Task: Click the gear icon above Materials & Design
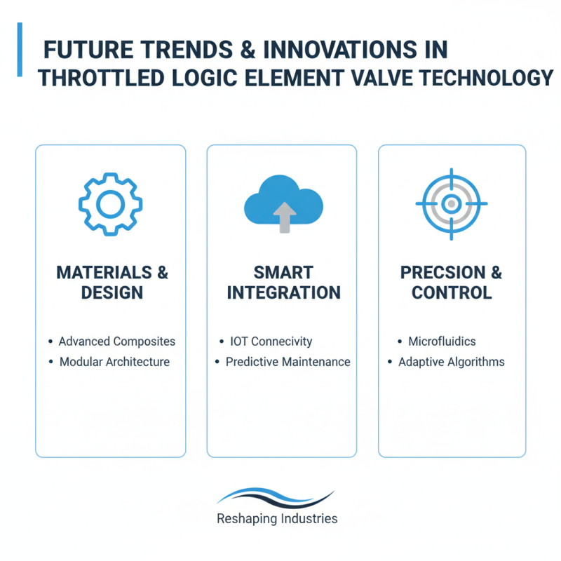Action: (x=110, y=204)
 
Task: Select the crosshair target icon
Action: (x=451, y=203)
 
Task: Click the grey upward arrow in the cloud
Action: (x=283, y=217)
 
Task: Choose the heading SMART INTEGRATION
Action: (x=283, y=282)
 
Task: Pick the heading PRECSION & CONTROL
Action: (x=451, y=282)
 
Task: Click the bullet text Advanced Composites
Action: (x=117, y=342)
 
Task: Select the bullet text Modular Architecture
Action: (x=114, y=362)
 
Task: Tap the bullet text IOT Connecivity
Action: (x=271, y=342)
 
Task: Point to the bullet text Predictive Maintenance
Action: (x=288, y=362)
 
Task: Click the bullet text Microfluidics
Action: (x=442, y=342)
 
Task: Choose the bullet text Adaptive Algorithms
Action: (x=451, y=362)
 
